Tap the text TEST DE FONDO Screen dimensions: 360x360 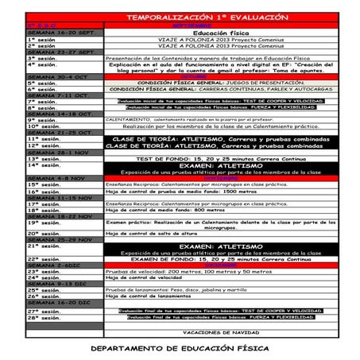[x=174, y=158]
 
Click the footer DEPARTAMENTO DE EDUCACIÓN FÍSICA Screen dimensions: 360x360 [x=180, y=347]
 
